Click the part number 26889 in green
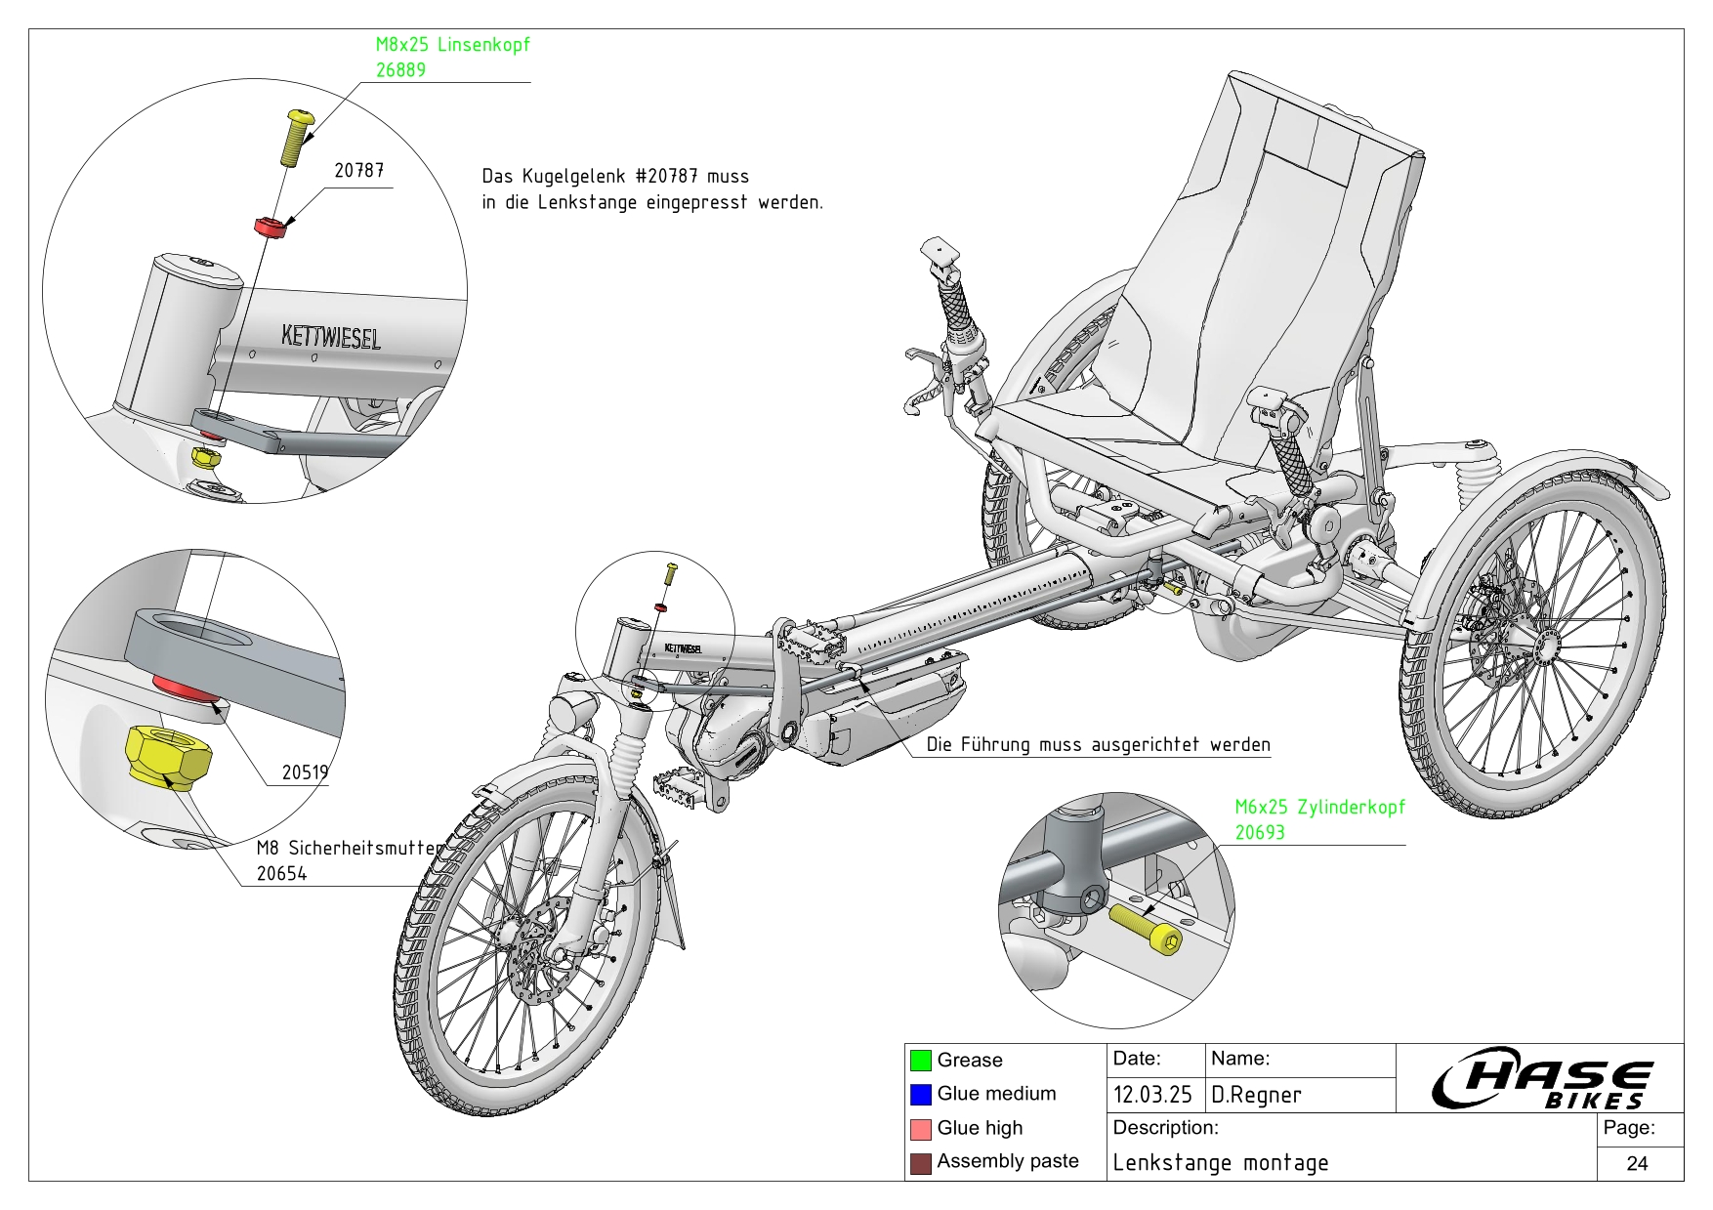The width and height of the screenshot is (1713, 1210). (x=400, y=70)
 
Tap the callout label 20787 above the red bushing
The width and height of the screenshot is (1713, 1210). (x=358, y=171)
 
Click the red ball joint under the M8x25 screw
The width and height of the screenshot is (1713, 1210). (x=270, y=228)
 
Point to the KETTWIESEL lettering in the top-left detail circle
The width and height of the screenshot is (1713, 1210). (x=330, y=337)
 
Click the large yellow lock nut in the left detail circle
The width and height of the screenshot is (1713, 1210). (x=169, y=755)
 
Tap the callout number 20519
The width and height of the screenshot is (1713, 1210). (x=305, y=772)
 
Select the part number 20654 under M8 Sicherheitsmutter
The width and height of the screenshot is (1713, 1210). (x=281, y=874)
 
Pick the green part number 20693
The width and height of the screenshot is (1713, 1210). (x=1260, y=833)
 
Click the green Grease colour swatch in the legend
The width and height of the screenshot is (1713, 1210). (x=920, y=1061)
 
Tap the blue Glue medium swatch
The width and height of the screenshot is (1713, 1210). (x=920, y=1095)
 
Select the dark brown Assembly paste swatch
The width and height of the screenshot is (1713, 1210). (x=920, y=1163)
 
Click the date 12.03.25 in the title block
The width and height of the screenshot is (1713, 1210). (x=1152, y=1095)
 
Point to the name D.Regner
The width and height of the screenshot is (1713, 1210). (x=1256, y=1095)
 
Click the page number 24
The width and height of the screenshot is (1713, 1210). (x=1638, y=1163)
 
